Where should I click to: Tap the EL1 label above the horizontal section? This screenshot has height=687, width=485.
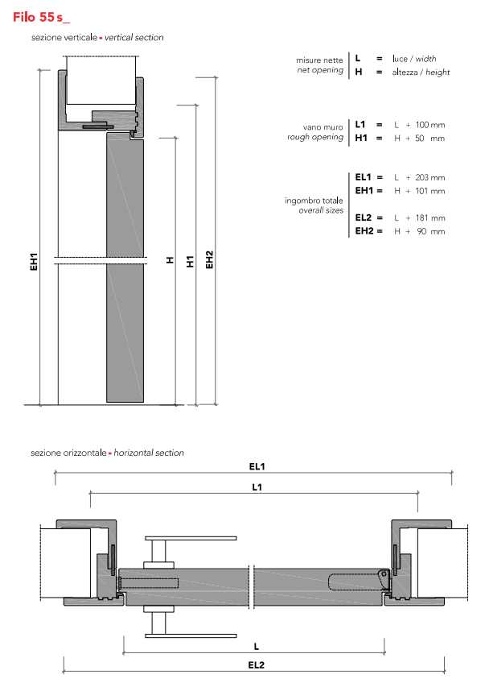257,466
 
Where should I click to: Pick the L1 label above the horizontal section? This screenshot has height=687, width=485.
257,486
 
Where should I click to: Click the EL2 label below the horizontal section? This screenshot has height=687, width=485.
257,665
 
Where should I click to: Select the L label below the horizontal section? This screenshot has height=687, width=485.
256,645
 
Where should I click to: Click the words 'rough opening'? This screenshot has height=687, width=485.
315,138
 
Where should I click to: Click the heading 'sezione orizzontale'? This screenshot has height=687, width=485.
68,453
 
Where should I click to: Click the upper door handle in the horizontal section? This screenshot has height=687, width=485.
190,537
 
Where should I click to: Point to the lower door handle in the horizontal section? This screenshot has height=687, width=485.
190,633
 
